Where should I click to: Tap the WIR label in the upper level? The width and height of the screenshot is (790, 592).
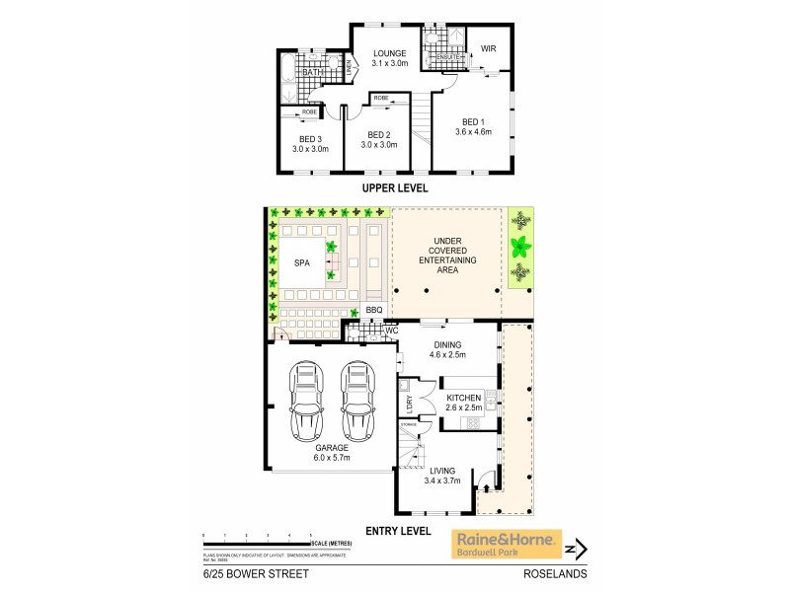(488, 49)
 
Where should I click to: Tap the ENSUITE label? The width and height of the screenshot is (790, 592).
(436, 57)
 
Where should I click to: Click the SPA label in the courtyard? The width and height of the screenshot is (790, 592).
(302, 263)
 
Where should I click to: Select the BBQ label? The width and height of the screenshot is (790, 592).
(373, 310)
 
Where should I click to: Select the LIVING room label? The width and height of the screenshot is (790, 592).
(444, 472)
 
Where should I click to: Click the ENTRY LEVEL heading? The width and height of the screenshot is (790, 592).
(398, 530)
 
